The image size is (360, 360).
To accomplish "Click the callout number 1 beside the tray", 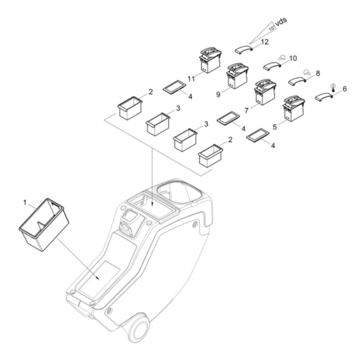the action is click(x=25, y=202).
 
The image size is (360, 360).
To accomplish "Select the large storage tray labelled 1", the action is click(x=44, y=225).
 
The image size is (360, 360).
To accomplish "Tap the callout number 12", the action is click(x=265, y=42).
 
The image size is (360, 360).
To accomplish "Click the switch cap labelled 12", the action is click(x=244, y=49).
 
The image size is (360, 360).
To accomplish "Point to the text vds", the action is click(x=281, y=22).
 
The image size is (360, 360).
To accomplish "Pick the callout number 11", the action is click(x=191, y=79).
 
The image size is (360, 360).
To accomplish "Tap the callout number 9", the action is click(x=218, y=94).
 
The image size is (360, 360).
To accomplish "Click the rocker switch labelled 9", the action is click(x=237, y=76).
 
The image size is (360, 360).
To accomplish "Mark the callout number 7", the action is click(x=246, y=111).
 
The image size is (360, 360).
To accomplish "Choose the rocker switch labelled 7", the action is click(x=265, y=92).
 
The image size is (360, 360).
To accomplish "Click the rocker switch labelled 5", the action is click(x=294, y=108).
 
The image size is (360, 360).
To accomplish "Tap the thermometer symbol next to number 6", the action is click(x=333, y=88).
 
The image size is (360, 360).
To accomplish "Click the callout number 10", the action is click(x=293, y=58).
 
